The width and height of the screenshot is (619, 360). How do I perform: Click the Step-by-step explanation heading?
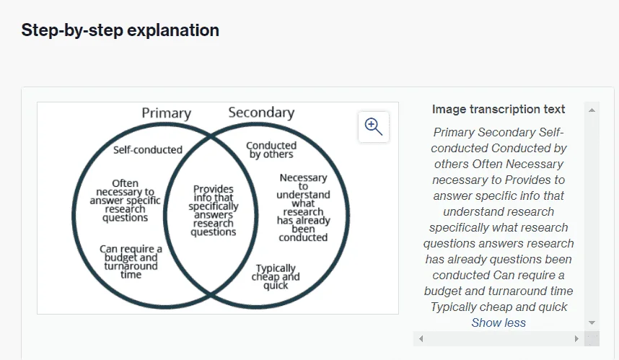[120, 30]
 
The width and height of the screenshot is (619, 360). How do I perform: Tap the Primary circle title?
[166, 113]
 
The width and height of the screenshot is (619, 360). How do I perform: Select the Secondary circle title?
[261, 113]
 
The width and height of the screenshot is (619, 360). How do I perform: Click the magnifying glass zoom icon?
[374, 127]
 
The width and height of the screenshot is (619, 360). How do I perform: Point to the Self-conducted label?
[148, 150]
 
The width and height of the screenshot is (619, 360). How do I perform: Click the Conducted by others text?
[271, 150]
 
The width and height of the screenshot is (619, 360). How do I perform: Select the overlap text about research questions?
[213, 211]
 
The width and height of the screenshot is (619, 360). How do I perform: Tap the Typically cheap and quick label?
[276, 277]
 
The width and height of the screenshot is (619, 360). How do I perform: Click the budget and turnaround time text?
[131, 262]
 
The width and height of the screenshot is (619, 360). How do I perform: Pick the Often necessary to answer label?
[125, 201]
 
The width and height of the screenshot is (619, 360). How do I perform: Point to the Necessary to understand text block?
[303, 208]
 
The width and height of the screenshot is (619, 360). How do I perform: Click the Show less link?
[499, 323]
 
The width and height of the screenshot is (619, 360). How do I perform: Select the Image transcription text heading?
[499, 110]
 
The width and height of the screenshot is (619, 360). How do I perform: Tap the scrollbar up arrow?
[592, 110]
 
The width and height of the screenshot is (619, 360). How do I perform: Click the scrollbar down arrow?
[592, 323]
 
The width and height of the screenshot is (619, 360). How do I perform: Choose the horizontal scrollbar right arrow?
[576, 338]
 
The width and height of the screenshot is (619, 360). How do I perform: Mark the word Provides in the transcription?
[528, 180]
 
